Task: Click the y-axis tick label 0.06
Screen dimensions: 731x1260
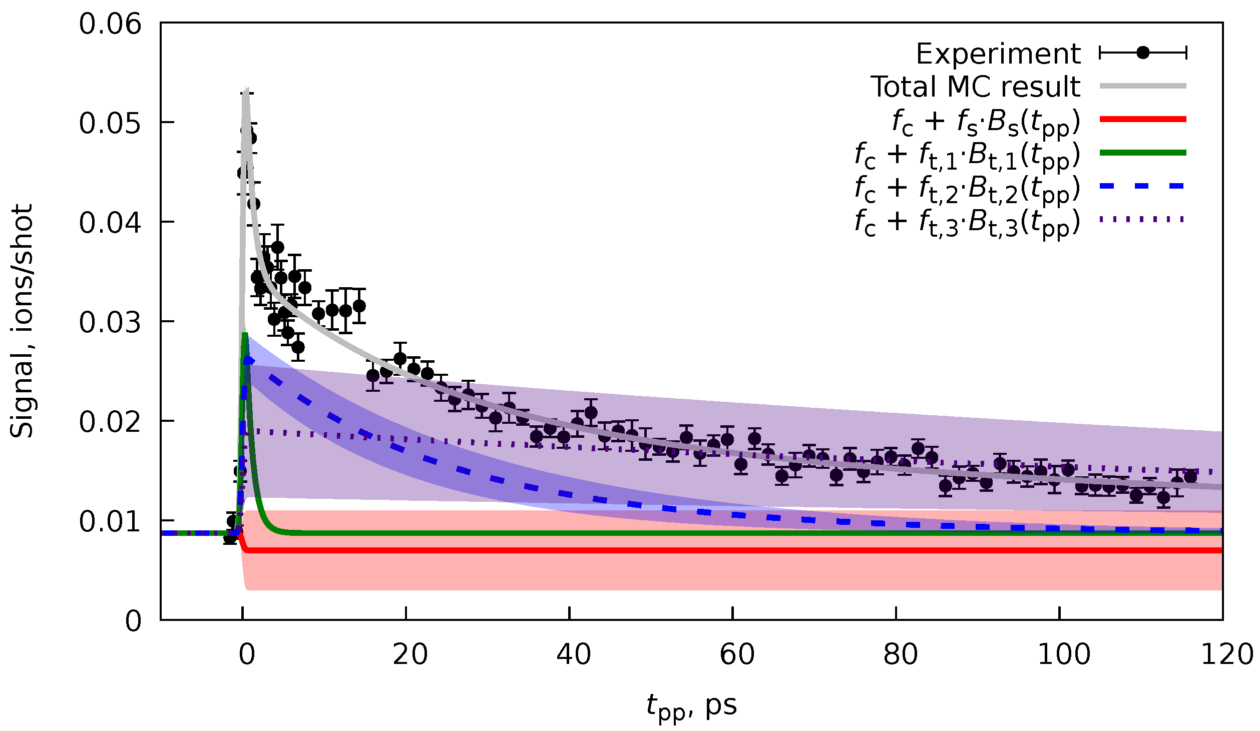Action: (110, 24)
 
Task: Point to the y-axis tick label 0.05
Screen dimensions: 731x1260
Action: (110, 123)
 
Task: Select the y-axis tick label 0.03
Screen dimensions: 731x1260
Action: (110, 322)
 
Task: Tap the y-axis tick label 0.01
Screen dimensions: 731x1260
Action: (110, 521)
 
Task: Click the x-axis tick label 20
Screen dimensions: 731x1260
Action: (410, 654)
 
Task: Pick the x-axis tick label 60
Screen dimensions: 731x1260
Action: (737, 654)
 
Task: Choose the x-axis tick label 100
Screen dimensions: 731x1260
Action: (1064, 654)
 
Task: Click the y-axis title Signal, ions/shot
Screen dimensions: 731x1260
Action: (22, 321)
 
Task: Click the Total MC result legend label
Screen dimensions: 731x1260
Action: (975, 87)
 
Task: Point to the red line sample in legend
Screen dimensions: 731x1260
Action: (1143, 119)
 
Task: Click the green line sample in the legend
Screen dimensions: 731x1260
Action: (1143, 153)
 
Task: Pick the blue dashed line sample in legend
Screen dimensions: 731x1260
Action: (1143, 186)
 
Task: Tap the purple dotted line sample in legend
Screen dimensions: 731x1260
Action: (1143, 219)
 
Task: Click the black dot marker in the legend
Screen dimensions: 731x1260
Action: (1143, 53)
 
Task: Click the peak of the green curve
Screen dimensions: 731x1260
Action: (245, 334)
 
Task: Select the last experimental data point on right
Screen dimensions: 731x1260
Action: (1190, 476)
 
